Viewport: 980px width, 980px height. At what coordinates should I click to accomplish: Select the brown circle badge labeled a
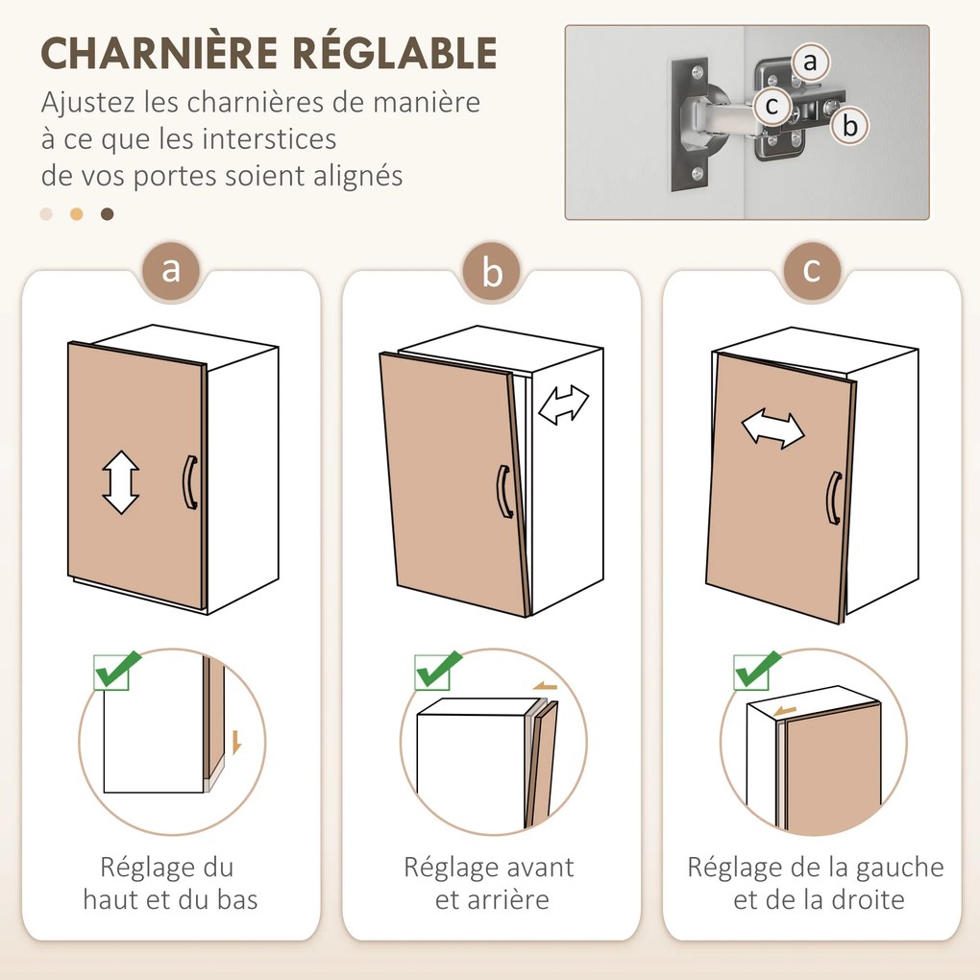[171, 269]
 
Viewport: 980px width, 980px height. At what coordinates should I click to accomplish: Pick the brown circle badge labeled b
[491, 273]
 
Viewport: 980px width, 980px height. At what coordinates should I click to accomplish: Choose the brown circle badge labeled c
[812, 269]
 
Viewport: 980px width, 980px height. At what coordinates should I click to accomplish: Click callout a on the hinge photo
[810, 63]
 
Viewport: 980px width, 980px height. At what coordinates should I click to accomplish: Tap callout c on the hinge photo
[772, 106]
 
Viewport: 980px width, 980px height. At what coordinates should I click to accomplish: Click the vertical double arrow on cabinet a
[121, 482]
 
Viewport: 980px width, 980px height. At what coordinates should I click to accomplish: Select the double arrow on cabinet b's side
[564, 404]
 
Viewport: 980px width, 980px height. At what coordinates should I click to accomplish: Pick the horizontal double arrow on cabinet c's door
[772, 429]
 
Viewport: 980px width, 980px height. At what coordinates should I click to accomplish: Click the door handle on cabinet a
[189, 482]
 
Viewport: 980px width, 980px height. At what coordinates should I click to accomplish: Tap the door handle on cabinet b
[503, 492]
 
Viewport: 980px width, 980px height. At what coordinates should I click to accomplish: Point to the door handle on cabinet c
[833, 498]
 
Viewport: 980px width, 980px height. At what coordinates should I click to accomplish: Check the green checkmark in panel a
[116, 670]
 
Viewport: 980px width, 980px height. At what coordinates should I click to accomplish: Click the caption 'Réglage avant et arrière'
[489, 883]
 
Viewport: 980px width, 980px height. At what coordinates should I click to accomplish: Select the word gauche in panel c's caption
[902, 868]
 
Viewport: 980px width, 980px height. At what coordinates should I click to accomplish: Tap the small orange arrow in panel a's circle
[236, 741]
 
